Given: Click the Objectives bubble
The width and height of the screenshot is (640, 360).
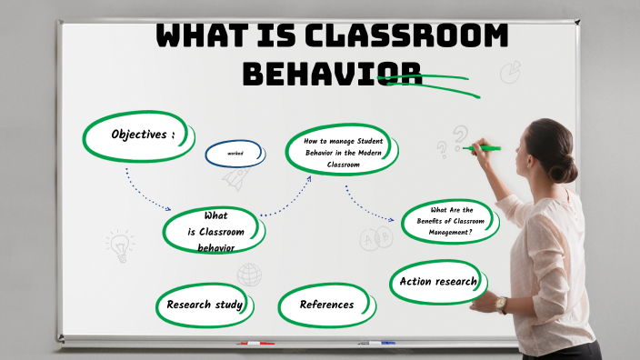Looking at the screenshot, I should pyautogui.click(x=140, y=135).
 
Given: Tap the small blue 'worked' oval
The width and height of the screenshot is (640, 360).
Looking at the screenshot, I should pyautogui.click(x=235, y=154).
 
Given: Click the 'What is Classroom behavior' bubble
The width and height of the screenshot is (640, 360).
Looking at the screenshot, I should pyautogui.click(x=215, y=231).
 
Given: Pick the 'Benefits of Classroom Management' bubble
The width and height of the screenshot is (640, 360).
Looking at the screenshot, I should pyautogui.click(x=451, y=221).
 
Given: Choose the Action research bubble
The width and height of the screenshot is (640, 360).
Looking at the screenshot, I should pyautogui.click(x=437, y=282).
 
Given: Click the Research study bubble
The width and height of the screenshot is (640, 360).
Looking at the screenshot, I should pyautogui.click(x=205, y=305).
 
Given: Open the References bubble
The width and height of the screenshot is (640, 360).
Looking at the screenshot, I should pyautogui.click(x=326, y=305).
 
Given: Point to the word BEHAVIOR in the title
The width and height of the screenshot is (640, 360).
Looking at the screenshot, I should pyautogui.click(x=332, y=73).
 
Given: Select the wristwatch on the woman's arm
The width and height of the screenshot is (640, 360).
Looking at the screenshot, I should pyautogui.click(x=501, y=305).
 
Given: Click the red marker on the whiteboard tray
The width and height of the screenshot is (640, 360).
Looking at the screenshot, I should pyautogui.click(x=255, y=344).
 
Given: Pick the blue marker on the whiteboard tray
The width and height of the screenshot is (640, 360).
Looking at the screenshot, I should pyautogui.click(x=375, y=344).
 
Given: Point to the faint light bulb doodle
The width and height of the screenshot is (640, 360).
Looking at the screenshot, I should pyautogui.click(x=118, y=244).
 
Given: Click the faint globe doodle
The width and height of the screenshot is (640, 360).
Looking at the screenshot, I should pyautogui.click(x=249, y=275).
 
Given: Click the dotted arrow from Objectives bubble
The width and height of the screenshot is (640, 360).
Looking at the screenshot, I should pyautogui.click(x=145, y=190).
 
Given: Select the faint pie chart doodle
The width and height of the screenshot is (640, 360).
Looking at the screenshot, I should pyautogui.click(x=510, y=71).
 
